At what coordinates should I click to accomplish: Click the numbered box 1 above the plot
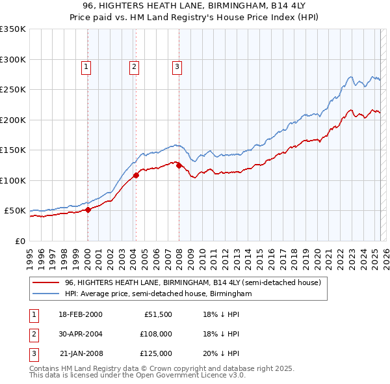(x=86, y=66)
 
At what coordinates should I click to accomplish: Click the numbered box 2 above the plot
(x=134, y=66)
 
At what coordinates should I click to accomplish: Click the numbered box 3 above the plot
(x=177, y=66)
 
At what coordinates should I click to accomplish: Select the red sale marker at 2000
(x=88, y=210)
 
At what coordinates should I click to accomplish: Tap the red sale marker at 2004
(x=136, y=175)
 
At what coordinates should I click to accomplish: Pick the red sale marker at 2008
(x=179, y=165)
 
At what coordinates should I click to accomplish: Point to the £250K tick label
(x=13, y=90)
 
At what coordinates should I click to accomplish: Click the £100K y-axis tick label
(x=13, y=180)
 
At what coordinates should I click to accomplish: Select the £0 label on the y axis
(x=19, y=241)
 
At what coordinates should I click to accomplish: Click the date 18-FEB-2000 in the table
(x=80, y=314)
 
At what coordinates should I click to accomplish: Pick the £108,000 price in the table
(x=156, y=334)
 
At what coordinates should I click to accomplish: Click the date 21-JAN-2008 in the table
(x=81, y=353)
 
